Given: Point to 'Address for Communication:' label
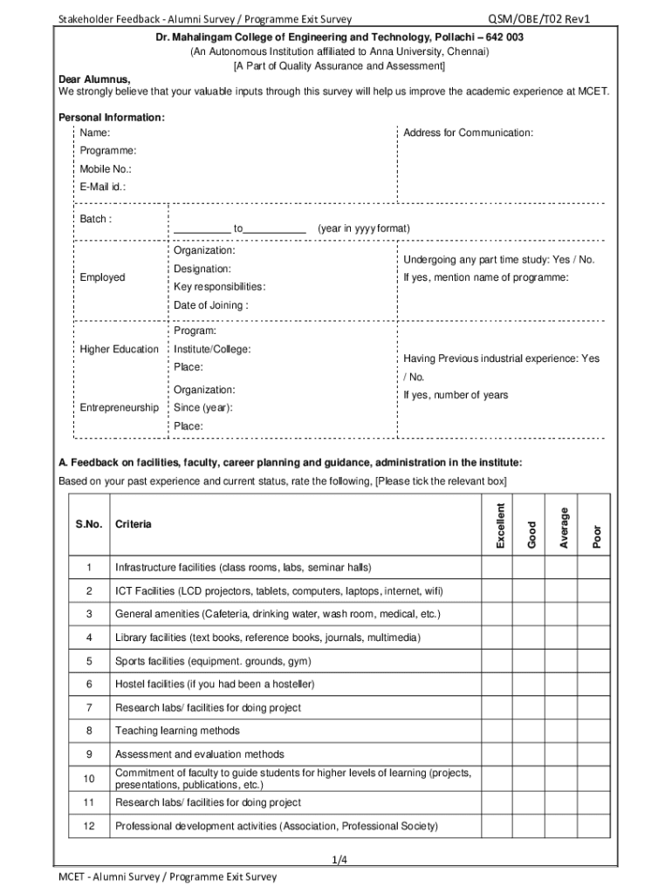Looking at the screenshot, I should pyautogui.click(x=468, y=133).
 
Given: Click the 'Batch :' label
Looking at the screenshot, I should pyautogui.click(x=95, y=219).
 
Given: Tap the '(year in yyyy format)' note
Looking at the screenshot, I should pyautogui.click(x=363, y=228).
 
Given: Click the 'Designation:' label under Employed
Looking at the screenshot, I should pyautogui.click(x=202, y=269).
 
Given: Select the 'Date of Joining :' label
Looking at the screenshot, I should pyautogui.click(x=210, y=305).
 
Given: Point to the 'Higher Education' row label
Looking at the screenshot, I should pyautogui.click(x=120, y=350).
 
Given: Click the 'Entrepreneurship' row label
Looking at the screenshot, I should pyautogui.click(x=120, y=407).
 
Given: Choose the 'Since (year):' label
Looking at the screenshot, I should pyautogui.click(x=202, y=407).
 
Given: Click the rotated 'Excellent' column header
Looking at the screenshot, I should pyautogui.click(x=500, y=526).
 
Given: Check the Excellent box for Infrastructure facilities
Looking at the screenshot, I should pyautogui.click(x=500, y=568).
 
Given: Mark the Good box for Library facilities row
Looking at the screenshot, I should pyautogui.click(x=532, y=637).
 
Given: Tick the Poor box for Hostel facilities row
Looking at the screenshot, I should pyautogui.click(x=597, y=685).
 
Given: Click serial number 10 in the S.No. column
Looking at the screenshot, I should pyautogui.click(x=89, y=778).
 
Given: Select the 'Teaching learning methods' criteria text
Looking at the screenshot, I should pyautogui.click(x=177, y=731).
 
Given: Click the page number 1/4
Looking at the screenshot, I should pyautogui.click(x=340, y=861).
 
